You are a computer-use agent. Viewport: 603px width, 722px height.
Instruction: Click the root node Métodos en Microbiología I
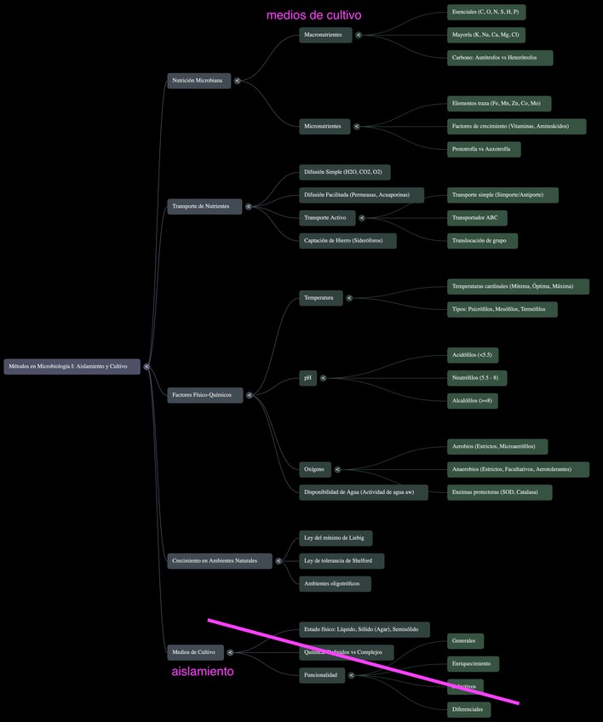pos(72,367)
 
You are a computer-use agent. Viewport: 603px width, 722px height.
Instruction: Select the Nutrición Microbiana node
pos(198,81)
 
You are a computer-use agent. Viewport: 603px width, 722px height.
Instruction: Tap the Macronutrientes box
pos(324,35)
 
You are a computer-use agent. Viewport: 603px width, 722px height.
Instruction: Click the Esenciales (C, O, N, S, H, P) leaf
pos(485,12)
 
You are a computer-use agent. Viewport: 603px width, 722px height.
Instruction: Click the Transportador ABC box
pos(477,218)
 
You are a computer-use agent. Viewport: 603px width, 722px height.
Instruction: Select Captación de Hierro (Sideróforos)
pos(347,241)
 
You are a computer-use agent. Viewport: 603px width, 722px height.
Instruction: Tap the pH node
pos(308,378)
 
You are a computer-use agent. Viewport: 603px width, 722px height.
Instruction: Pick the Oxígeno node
pos(314,469)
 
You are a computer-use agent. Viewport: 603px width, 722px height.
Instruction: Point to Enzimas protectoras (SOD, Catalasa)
pos(499,492)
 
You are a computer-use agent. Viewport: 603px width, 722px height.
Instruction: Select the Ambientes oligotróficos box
pos(335,584)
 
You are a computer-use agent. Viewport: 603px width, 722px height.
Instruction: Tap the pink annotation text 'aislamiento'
pos(203,672)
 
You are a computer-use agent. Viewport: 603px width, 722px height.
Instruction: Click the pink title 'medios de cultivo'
pos(313,14)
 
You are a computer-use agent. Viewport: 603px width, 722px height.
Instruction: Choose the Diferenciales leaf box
pos(468,709)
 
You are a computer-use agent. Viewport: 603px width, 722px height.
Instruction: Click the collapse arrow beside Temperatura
pos(349,298)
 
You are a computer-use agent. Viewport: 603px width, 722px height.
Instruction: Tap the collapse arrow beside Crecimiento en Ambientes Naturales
pos(279,561)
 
